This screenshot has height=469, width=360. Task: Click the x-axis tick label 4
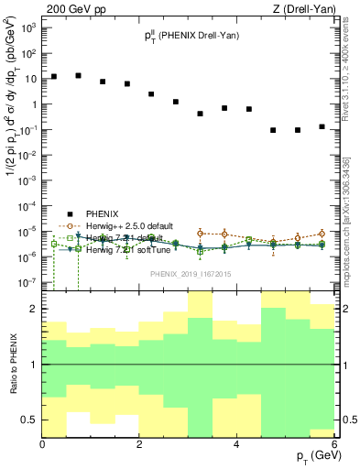236,444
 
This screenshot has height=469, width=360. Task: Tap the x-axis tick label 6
333,444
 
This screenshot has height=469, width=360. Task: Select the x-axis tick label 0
43,444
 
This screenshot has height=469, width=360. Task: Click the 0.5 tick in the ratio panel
30,420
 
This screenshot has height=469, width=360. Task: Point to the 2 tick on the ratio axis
35,310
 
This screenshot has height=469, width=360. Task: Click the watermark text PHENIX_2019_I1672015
188,273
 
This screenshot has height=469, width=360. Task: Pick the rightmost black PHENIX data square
322,126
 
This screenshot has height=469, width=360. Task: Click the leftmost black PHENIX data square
55,77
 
